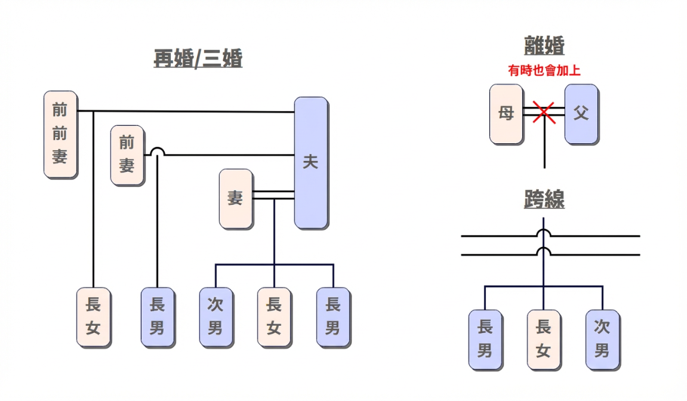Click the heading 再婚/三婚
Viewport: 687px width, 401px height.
pos(198,60)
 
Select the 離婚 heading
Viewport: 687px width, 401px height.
pos(544,46)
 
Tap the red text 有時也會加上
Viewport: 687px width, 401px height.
pos(544,70)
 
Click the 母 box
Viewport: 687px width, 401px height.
pos(506,113)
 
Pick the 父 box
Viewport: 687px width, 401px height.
pos(581,113)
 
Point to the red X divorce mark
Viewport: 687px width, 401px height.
pos(544,112)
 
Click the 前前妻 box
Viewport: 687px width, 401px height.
pos(60,134)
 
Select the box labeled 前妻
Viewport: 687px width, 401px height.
pos(127,155)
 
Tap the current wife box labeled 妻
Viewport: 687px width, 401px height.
pos(236,199)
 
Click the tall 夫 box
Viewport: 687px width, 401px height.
pos(310,162)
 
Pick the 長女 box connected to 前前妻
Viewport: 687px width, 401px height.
pos(93,317)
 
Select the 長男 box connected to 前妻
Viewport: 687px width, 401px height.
pos(157,317)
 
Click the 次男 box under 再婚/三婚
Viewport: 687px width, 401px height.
pos(215,317)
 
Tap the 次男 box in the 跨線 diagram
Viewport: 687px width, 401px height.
pos(602,339)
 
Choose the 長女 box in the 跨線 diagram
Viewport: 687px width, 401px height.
pos(543,339)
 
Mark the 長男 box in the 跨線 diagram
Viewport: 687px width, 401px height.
pos(485,339)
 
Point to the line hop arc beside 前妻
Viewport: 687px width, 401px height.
pos(157,152)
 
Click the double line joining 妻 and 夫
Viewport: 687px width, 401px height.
pos(273,195)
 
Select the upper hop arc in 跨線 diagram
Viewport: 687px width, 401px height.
pos(543,232)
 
